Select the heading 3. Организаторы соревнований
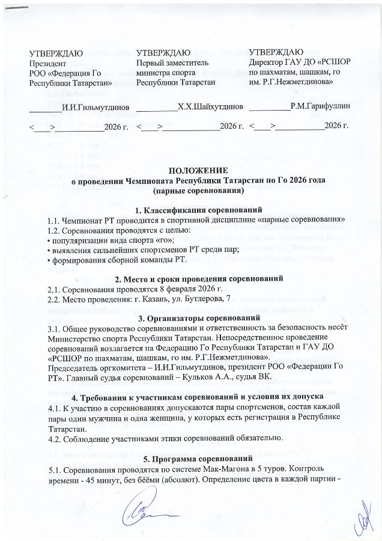190,317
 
